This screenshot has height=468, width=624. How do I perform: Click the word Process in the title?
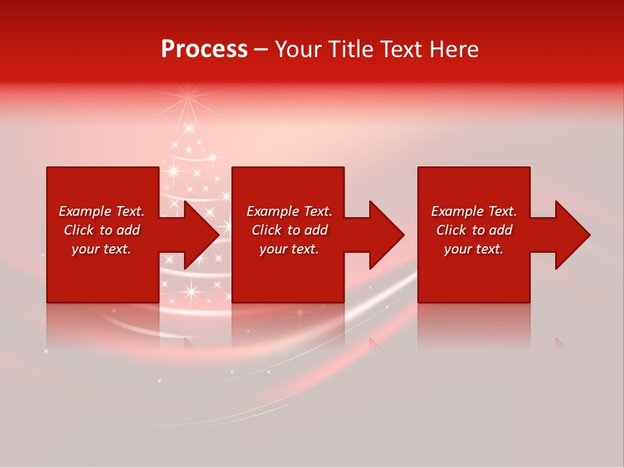pyautogui.click(x=204, y=49)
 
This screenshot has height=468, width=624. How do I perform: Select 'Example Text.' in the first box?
pyautogui.click(x=101, y=211)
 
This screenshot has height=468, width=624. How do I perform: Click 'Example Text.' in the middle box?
pyautogui.click(x=289, y=211)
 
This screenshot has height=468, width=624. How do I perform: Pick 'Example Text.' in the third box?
pyautogui.click(x=474, y=211)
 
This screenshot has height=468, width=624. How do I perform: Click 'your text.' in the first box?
pyautogui.click(x=101, y=249)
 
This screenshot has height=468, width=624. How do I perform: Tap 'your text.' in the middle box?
pyautogui.click(x=289, y=249)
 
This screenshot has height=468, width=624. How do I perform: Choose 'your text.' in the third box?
pyautogui.click(x=474, y=249)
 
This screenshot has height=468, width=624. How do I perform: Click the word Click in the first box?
pyautogui.click(x=79, y=230)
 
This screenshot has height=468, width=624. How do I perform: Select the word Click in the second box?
pyautogui.click(x=267, y=230)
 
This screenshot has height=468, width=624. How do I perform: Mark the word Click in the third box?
pyautogui.click(x=452, y=230)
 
